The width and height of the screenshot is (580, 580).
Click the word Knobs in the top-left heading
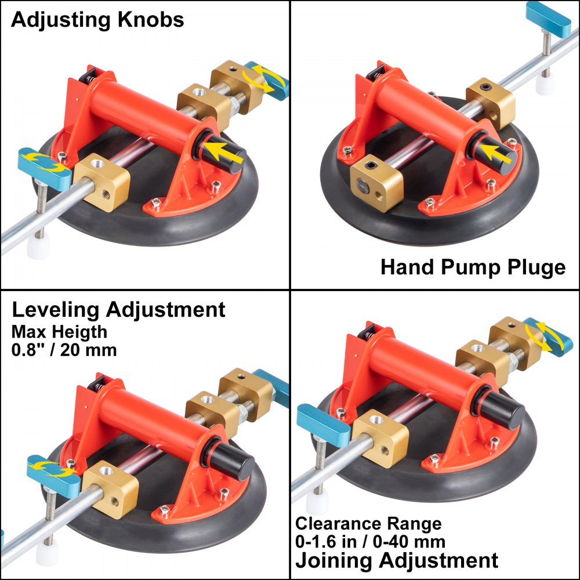click(x=151, y=20)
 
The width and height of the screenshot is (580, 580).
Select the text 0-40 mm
click(x=409, y=542)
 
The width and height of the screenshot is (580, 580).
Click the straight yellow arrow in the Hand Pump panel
click(x=496, y=153)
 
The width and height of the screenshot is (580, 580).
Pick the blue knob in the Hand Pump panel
click(x=549, y=19)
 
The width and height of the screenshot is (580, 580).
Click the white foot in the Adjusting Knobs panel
click(x=38, y=248)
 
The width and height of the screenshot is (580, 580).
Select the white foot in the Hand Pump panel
click(x=546, y=85)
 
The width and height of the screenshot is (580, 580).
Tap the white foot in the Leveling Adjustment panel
click(x=48, y=556)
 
